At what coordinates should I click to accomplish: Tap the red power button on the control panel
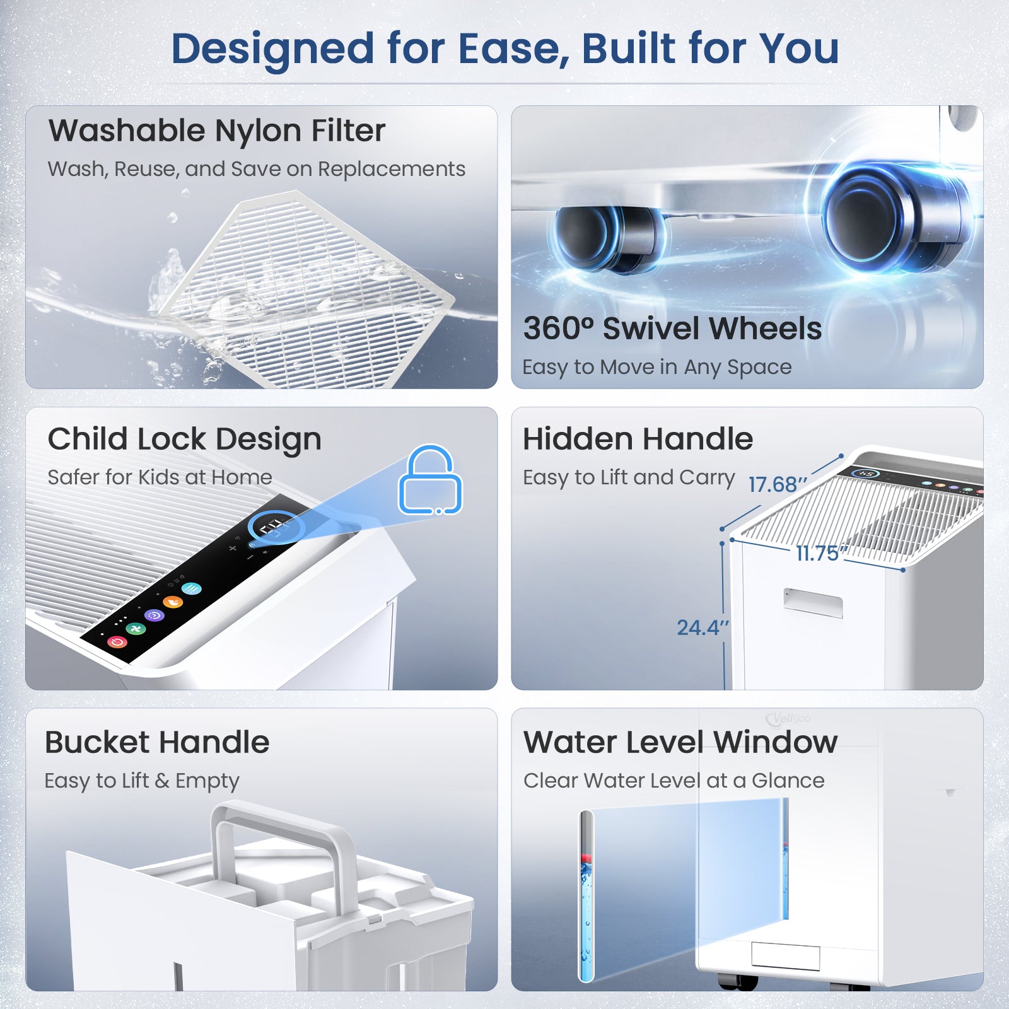[x=117, y=642]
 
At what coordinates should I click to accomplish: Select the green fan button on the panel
[x=136, y=628]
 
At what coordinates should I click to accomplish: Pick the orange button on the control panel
[x=173, y=602]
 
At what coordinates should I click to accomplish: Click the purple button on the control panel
[x=154, y=615]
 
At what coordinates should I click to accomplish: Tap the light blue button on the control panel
[x=191, y=589]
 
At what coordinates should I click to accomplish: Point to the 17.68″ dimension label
[x=777, y=484]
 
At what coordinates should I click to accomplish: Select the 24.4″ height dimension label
[x=703, y=627]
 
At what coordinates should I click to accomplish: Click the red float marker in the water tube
[x=586, y=858]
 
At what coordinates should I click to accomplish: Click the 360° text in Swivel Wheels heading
[x=558, y=329]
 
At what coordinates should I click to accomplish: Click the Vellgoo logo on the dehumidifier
[x=788, y=718]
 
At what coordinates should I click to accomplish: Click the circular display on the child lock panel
[x=276, y=527]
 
